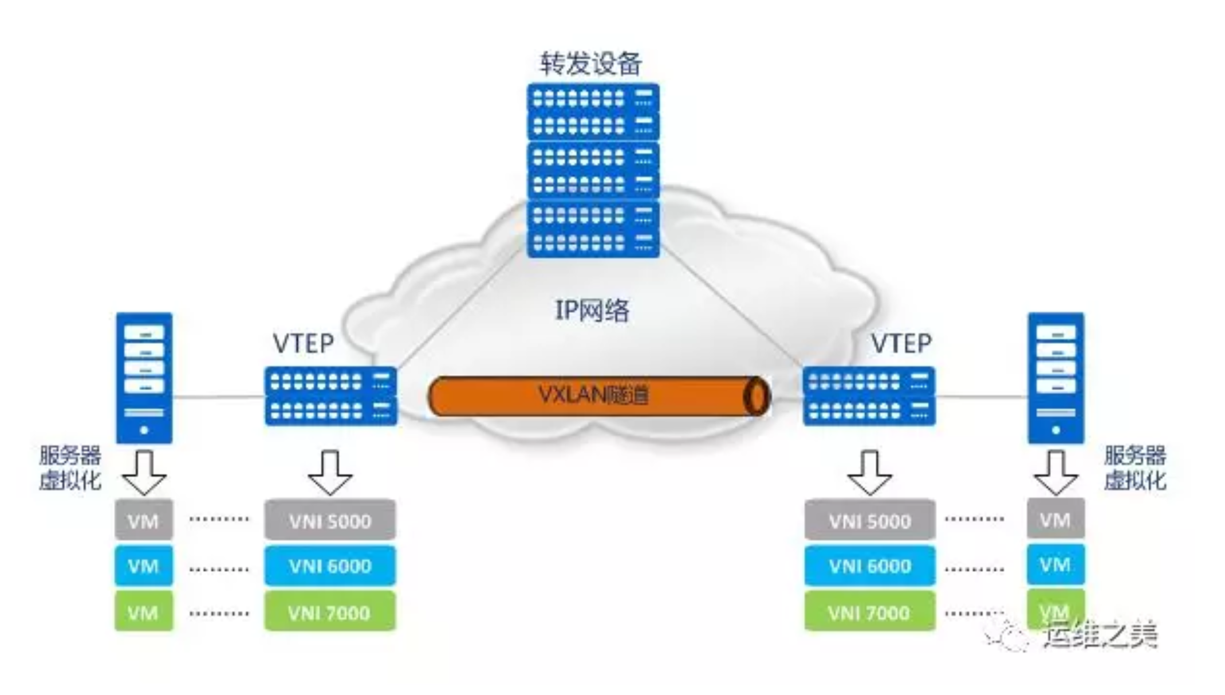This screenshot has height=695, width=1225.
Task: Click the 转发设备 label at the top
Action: pyautogui.click(x=590, y=63)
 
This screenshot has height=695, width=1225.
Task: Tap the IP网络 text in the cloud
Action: pyautogui.click(x=592, y=311)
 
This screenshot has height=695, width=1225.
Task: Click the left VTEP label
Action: pyautogui.click(x=303, y=343)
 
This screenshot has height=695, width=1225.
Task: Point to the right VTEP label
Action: pyautogui.click(x=901, y=343)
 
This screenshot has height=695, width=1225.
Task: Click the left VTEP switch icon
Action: pyautogui.click(x=330, y=396)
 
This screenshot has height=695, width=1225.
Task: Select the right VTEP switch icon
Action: pyautogui.click(x=869, y=396)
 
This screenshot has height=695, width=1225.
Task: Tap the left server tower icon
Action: pyautogui.click(x=144, y=378)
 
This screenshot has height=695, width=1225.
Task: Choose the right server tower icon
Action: pyautogui.click(x=1055, y=378)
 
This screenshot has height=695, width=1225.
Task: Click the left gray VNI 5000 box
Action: pyautogui.click(x=330, y=520)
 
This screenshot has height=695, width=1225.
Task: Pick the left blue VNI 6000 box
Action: pyautogui.click(x=330, y=566)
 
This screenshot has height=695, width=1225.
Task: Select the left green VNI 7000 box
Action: pyautogui.click(x=330, y=612)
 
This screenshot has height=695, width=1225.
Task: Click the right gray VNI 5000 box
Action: pyautogui.click(x=869, y=520)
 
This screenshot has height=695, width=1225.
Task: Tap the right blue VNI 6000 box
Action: pyautogui.click(x=869, y=566)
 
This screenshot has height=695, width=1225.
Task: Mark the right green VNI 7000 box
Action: pyautogui.click(x=869, y=612)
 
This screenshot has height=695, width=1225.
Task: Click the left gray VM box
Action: pyautogui.click(x=143, y=520)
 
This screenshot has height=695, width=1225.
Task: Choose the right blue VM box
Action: pyautogui.click(x=1055, y=565)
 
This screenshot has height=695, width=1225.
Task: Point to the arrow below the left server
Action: pyautogui.click(x=144, y=473)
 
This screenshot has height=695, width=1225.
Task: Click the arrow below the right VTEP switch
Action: pyautogui.click(x=869, y=473)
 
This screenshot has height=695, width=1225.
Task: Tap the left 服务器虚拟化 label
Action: pyautogui.click(x=70, y=468)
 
